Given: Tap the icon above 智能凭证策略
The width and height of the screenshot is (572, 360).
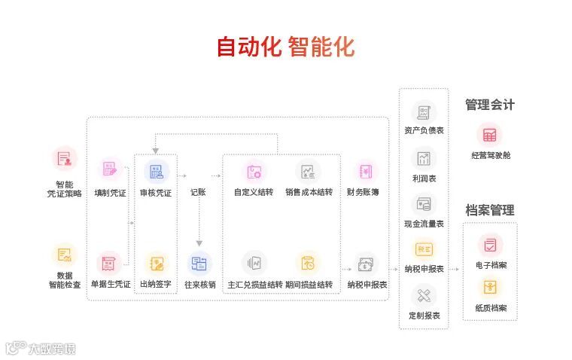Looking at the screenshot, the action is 65,159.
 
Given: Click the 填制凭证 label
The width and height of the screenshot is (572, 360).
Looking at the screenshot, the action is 111,193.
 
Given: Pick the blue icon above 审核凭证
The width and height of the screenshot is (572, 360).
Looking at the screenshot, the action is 157,171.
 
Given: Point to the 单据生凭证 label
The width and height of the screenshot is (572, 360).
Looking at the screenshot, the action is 110,285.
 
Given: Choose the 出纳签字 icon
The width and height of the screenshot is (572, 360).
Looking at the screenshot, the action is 157,264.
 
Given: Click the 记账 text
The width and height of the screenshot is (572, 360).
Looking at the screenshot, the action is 198,193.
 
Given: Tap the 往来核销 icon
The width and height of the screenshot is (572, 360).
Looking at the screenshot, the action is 200,264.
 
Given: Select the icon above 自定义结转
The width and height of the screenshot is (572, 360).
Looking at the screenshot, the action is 254,171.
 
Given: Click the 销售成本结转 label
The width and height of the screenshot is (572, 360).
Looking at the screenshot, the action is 309,193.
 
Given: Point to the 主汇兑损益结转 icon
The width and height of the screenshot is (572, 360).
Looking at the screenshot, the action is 254,264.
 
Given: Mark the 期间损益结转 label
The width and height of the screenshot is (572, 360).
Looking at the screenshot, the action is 309,285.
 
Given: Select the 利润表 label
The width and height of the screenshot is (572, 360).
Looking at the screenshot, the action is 424,178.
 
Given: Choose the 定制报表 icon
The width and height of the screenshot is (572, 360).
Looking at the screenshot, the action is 424,294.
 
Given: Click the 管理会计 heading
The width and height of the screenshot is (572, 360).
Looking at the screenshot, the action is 490,105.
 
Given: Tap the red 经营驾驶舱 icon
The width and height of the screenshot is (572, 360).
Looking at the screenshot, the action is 490,136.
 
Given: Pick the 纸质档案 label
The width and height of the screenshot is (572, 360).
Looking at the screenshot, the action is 490,308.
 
